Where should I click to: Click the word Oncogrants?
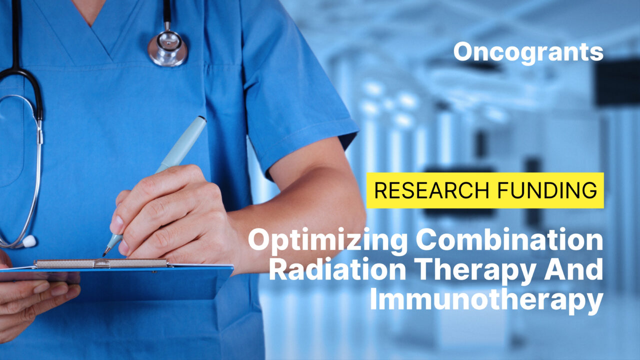(x=528, y=52)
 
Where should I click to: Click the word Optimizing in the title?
(x=328, y=241)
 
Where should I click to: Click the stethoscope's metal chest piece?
(x=167, y=48)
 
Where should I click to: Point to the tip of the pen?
(x=104, y=254)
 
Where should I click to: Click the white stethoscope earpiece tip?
(x=29, y=241)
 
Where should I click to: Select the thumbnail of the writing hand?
(x=116, y=224)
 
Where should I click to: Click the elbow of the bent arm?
(x=350, y=220)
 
